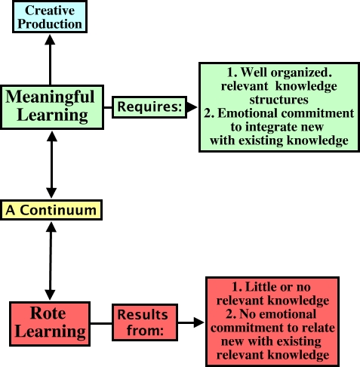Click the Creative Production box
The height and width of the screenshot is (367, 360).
tap(50, 17)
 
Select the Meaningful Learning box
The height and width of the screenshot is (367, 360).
tap(52, 107)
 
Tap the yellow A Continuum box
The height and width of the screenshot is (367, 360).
tap(51, 210)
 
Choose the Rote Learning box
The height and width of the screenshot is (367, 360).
tap(50, 324)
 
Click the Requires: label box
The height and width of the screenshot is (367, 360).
tap(149, 107)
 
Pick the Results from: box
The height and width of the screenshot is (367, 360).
tap(145, 322)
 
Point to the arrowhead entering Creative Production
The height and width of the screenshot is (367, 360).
tap(50, 40)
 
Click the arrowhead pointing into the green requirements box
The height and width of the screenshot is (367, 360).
tap(192, 107)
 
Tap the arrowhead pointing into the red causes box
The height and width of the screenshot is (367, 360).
tap(198, 322)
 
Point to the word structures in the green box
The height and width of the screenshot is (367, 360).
tap(278, 100)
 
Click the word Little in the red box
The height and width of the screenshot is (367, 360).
tap(257, 287)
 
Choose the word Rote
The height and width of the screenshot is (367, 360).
tap(48, 313)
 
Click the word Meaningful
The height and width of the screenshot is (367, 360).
tap(50, 97)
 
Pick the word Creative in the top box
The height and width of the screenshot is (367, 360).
tap(50, 11)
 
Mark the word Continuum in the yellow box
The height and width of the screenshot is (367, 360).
tap(58, 210)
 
